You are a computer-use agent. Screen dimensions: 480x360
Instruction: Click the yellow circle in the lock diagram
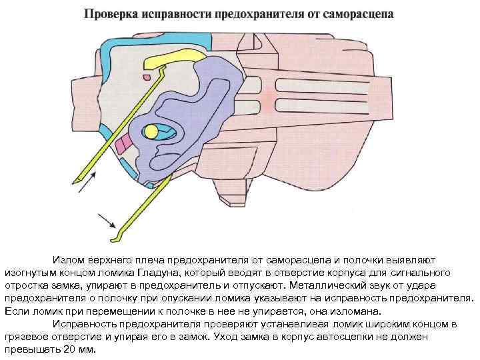coord(151,130)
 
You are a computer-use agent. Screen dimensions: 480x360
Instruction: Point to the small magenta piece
coord(123,144)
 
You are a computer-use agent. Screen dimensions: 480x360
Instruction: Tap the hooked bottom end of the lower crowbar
coord(115,237)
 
